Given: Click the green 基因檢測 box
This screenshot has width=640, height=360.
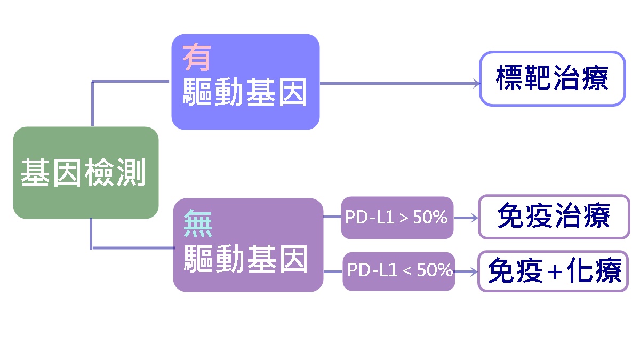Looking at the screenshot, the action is pos(86,173).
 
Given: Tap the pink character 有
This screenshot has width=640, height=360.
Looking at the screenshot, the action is pos(197,57).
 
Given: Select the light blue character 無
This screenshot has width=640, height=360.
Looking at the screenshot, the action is pos(198,223).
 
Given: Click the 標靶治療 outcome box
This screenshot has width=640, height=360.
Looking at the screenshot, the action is pos(553,78).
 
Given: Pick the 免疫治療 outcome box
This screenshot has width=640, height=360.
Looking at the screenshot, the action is pos(554,217).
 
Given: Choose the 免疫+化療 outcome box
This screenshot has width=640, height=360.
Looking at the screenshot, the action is pos(553,271).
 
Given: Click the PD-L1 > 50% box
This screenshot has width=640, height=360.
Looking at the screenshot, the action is pos(397,218).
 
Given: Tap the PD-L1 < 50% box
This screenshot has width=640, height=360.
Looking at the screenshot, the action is pos(399,271).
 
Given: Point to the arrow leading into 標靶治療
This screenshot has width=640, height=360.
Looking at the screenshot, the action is pos(400,83).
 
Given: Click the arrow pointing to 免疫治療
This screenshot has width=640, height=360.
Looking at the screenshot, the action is pos(466,218).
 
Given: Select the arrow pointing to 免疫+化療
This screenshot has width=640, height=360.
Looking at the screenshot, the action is pos(466,271).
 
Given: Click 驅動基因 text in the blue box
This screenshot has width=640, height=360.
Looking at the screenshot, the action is pos(245,92).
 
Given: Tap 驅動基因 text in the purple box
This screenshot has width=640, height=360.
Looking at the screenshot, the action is pos(246,259).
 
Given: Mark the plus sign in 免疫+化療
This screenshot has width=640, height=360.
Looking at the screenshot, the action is pos(555,271).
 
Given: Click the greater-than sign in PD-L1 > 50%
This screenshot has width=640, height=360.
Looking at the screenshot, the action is pos(404,218).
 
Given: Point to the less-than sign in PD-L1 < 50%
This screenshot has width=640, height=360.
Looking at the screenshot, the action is pos(407,270).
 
